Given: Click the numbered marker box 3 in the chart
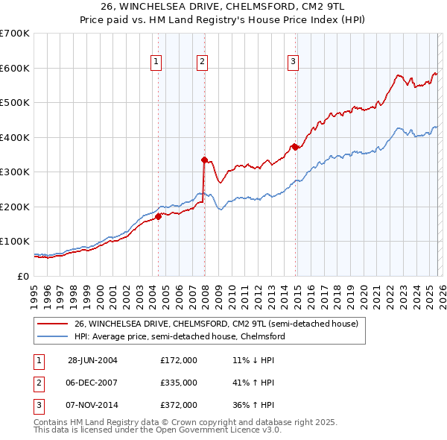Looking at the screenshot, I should (294, 62).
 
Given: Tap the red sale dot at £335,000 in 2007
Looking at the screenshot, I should (204, 159).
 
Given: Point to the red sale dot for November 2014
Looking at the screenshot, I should (295, 147).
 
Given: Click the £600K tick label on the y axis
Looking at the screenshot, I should (14, 68).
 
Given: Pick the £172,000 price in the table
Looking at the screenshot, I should (178, 359).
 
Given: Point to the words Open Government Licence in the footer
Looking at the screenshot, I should (197, 430).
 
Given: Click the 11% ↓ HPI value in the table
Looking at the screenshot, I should (253, 359).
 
